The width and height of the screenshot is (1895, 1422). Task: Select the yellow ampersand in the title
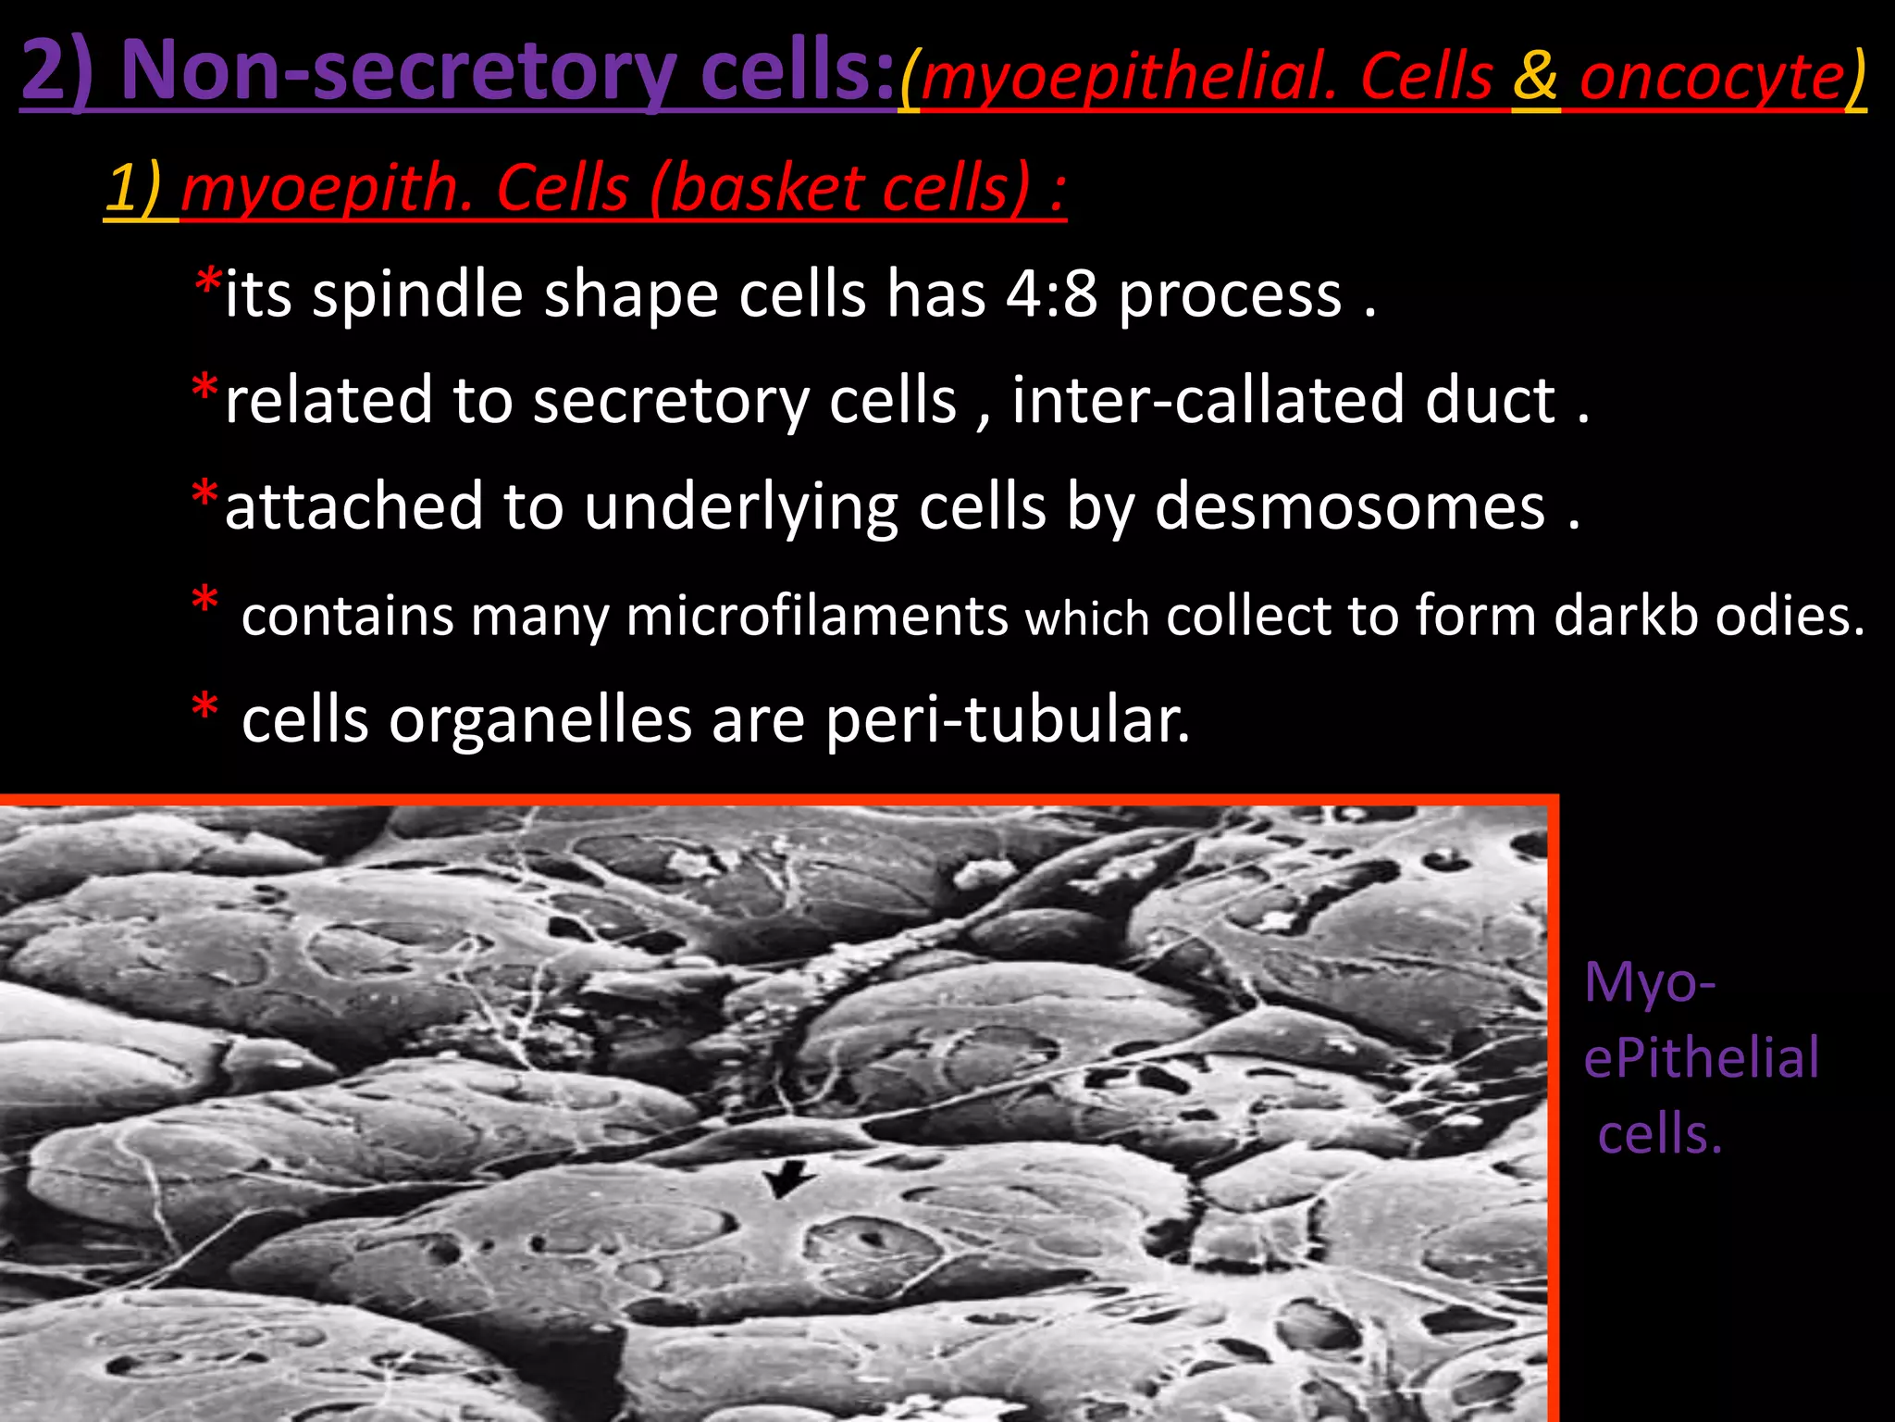pos(1535,76)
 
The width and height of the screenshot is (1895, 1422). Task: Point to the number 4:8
pos(1051,294)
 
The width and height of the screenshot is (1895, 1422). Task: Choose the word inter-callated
pos(1208,400)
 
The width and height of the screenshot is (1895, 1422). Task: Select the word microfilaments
pos(816,616)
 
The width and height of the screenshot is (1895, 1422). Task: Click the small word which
pos(1087,618)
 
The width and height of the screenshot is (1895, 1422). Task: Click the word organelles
pos(539,720)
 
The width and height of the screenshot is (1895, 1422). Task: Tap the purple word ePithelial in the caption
pos(1701,1058)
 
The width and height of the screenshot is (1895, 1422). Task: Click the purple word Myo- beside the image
pos(1650,981)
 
